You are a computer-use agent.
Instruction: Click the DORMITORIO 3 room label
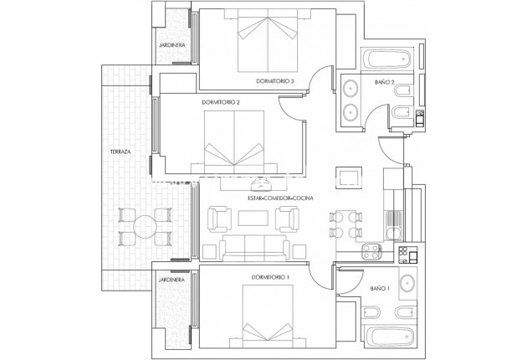point(275,82)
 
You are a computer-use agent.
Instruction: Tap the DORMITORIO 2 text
point(221,102)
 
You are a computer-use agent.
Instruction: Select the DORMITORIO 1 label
point(269,277)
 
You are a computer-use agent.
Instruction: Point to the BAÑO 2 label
point(384,83)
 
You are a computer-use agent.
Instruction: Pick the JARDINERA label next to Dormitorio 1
point(171,281)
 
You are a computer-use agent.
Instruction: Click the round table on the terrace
point(144,225)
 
